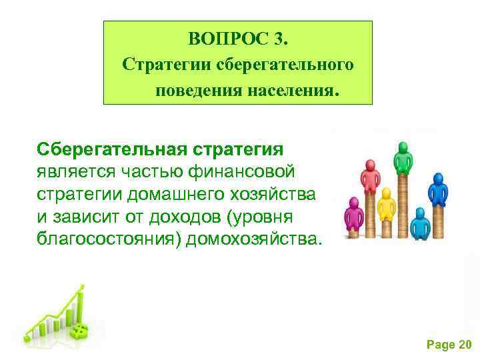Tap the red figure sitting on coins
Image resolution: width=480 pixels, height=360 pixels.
[370, 175]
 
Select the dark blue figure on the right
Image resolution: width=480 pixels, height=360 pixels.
[437, 190]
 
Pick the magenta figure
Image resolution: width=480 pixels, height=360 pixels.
[353, 216]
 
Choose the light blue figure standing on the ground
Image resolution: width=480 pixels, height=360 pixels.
[420, 223]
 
